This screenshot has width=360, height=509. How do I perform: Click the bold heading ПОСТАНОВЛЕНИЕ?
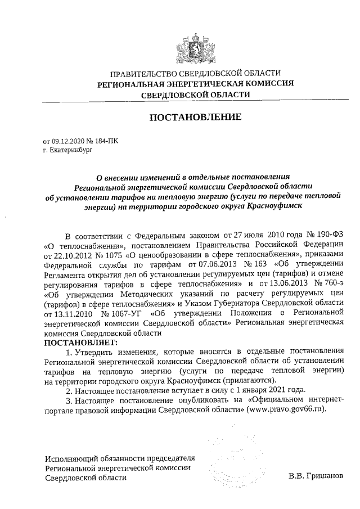pos(195,118)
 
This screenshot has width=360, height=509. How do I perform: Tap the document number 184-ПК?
pos(106,143)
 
